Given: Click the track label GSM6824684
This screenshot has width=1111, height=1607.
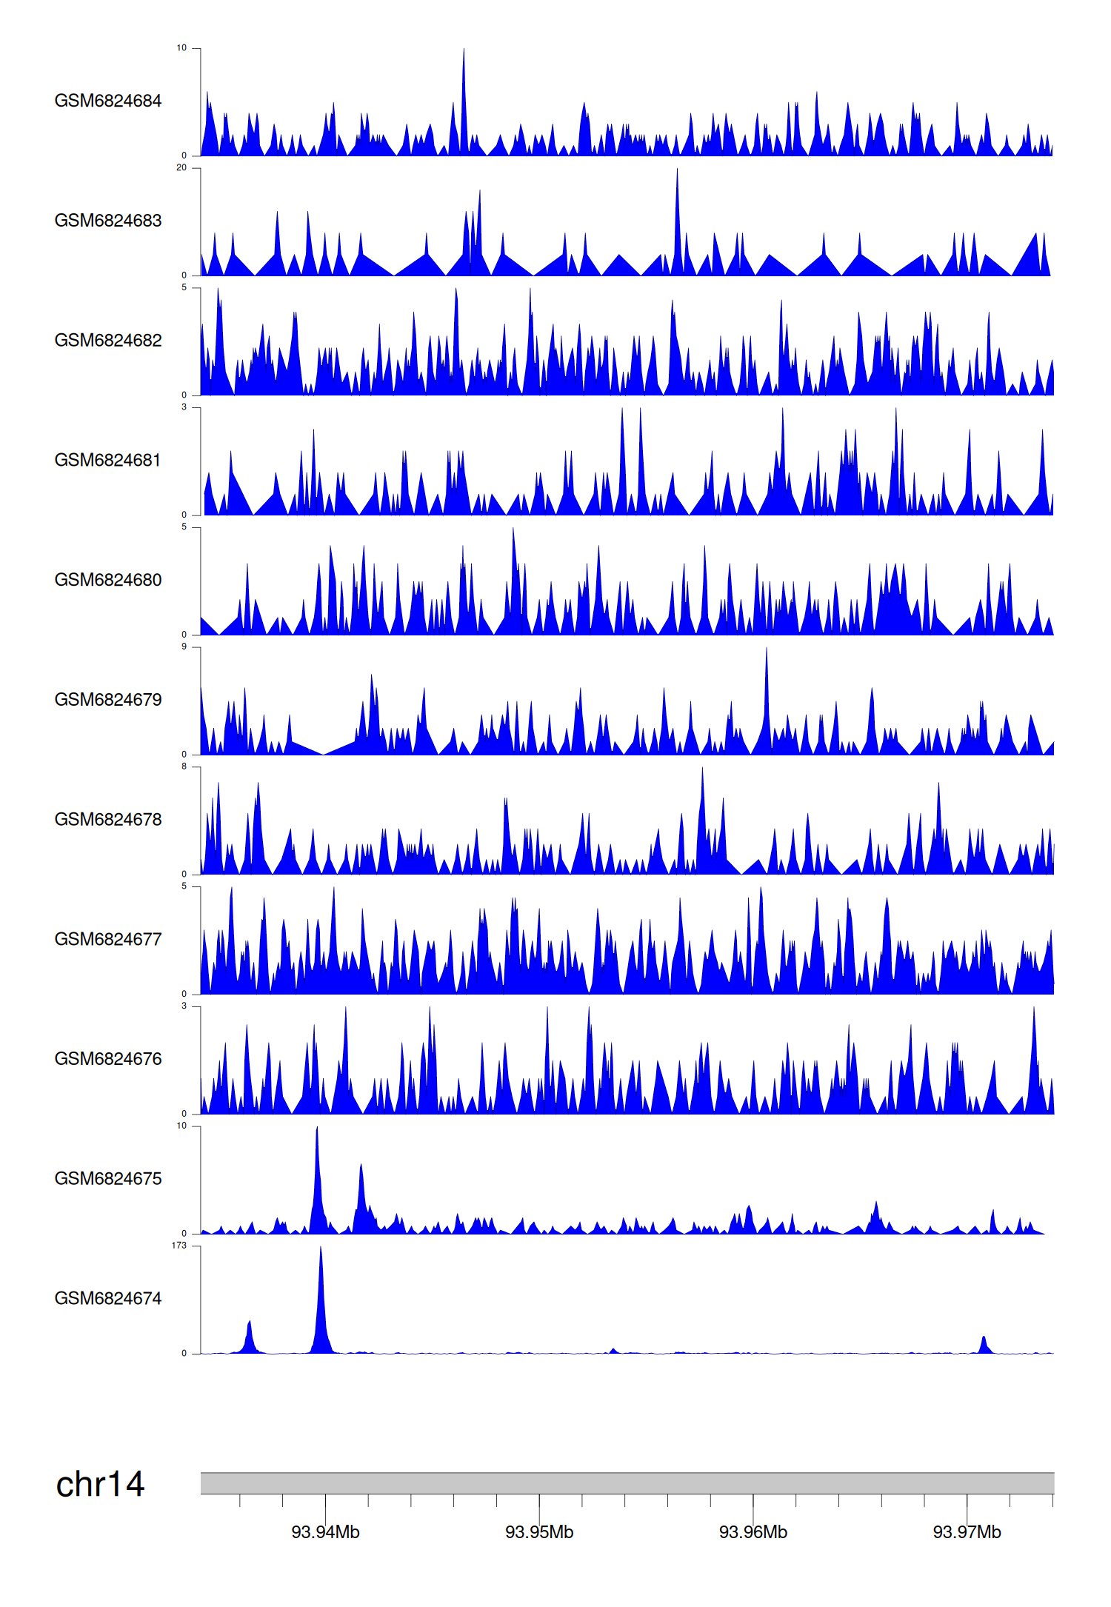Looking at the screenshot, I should (108, 101).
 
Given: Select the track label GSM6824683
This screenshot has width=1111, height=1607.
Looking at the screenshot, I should (108, 221).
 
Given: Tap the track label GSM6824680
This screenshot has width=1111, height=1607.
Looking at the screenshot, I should (108, 580).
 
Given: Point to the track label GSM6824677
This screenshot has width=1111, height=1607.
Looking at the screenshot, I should (108, 939).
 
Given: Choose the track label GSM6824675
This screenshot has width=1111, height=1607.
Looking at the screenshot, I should (108, 1178).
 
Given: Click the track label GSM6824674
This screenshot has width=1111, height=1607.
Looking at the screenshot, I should (108, 1298).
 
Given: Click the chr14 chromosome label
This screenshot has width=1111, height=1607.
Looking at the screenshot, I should (100, 1484).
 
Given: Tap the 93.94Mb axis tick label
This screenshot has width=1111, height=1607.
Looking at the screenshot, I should (325, 1532).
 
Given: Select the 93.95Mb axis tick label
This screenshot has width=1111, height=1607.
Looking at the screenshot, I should (539, 1532).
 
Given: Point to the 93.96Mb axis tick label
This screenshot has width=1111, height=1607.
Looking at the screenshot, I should (753, 1532).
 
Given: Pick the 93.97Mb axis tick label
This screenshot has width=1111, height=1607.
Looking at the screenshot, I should (967, 1532).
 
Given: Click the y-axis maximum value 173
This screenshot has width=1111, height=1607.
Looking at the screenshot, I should (179, 1246).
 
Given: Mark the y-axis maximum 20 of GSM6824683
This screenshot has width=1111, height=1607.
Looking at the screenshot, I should (181, 168).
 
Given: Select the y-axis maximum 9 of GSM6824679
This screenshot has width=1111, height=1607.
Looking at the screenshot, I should (184, 647).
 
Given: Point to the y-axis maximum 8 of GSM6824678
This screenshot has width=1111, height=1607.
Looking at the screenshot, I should (184, 766).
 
